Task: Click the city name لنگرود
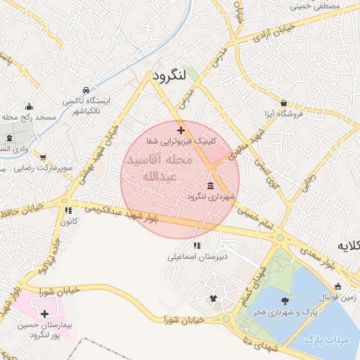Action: coord(172,75)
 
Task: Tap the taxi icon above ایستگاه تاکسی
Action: coord(85,91)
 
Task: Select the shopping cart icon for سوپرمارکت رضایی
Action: coord(43,157)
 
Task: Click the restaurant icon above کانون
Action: coord(68,210)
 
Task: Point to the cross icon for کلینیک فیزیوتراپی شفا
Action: coord(181,130)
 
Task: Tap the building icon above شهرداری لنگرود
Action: coord(210,186)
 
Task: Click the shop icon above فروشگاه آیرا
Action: coord(283,103)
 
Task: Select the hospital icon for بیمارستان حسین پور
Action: coord(46,314)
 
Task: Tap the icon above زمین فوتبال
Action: coord(338,286)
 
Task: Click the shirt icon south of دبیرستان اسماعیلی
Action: coord(213,297)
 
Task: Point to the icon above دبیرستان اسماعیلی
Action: coord(196,245)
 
